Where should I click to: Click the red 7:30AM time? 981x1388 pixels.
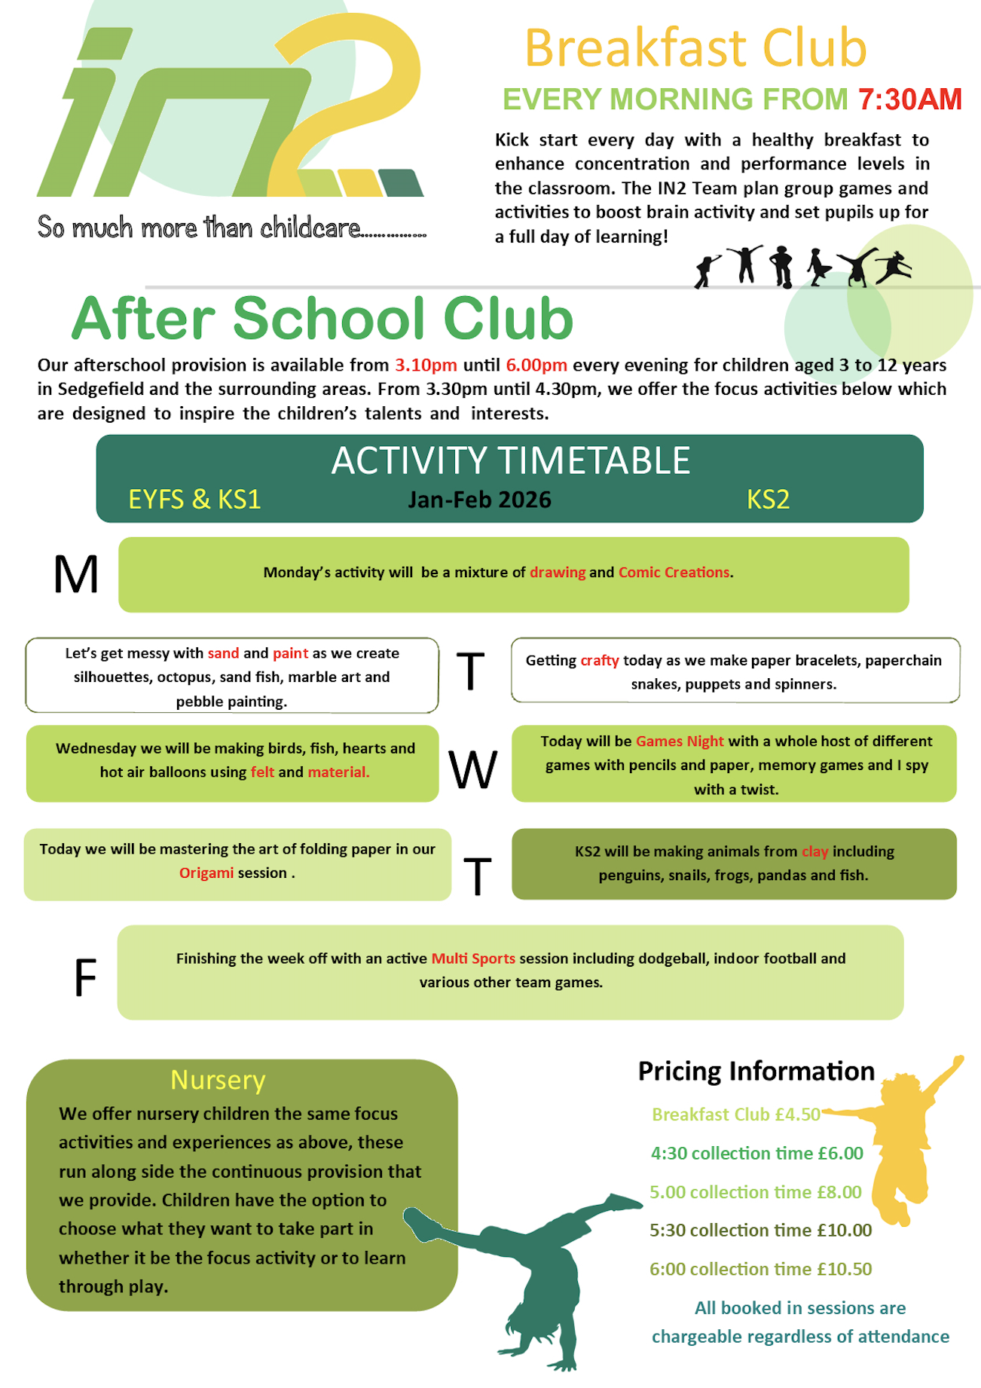click(x=909, y=99)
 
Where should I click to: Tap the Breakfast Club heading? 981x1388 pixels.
click(x=695, y=48)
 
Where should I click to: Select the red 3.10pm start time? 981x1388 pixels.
click(x=426, y=365)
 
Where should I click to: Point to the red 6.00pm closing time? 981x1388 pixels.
click(x=536, y=365)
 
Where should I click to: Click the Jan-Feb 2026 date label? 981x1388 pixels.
click(x=479, y=500)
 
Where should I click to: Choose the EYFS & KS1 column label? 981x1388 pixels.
click(x=194, y=500)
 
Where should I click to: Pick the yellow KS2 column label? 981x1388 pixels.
click(x=768, y=500)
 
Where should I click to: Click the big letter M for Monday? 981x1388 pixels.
click(x=76, y=575)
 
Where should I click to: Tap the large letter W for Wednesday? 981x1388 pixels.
click(x=473, y=770)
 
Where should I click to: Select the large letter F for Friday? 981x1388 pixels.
click(x=85, y=978)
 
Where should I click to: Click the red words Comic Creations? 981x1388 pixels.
click(x=674, y=573)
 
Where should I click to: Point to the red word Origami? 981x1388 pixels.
click(x=206, y=873)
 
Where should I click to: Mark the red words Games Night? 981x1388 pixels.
click(x=680, y=741)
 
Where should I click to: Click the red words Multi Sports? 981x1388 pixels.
click(x=473, y=958)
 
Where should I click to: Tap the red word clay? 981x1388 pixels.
click(x=814, y=851)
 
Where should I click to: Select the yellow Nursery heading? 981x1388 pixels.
click(x=218, y=1081)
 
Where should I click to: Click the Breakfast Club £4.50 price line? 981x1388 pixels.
click(x=735, y=1114)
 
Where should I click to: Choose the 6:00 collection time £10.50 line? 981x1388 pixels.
click(x=760, y=1269)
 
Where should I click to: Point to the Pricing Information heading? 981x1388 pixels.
click(x=756, y=1072)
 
